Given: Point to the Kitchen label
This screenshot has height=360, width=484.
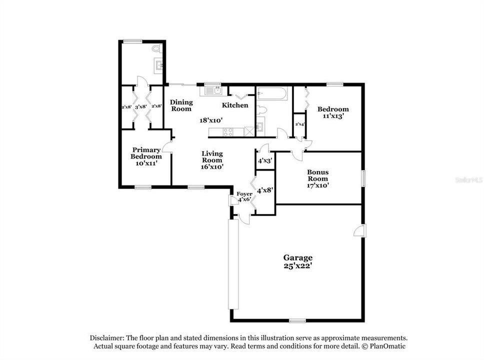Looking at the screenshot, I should pyautogui.click(x=235, y=105).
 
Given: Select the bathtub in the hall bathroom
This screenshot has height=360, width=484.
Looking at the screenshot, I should pyautogui.click(x=271, y=94).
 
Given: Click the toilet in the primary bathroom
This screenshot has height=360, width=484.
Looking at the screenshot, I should pyautogui.click(x=157, y=49).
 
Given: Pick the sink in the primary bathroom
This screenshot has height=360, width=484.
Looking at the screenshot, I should pyautogui.click(x=159, y=65).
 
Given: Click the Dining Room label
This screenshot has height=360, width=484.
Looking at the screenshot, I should pyautogui.click(x=181, y=105).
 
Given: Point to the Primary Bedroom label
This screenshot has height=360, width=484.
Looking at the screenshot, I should pyautogui.click(x=146, y=153).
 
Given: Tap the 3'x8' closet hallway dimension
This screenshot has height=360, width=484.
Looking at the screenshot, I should pyautogui.click(x=141, y=106).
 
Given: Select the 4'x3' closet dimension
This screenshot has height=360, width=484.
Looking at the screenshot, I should pyautogui.click(x=264, y=161).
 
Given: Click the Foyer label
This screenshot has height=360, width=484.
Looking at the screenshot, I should pyautogui.click(x=244, y=193).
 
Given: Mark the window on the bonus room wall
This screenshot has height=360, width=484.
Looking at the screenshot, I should pyautogui.click(x=364, y=178).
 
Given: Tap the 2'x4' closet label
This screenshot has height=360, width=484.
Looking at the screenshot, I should pyautogui.click(x=300, y=124).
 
